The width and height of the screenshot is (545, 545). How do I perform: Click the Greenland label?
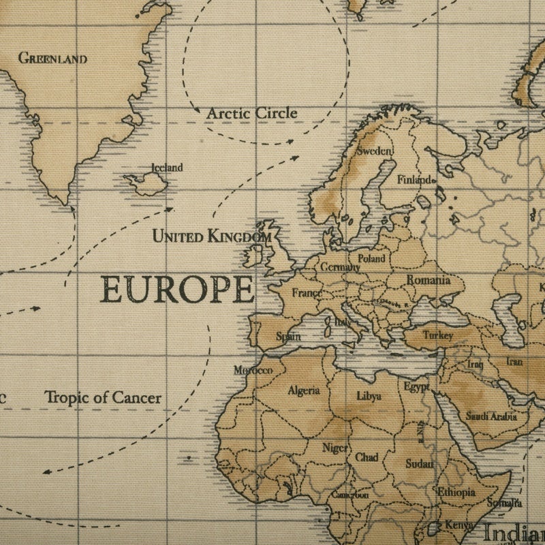click(52, 59)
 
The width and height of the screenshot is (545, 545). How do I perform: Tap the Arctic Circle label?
click(252, 113)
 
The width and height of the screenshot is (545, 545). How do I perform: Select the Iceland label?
click(167, 168)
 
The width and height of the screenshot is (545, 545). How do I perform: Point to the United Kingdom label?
click(211, 236)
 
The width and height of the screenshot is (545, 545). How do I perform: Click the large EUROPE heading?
click(177, 290)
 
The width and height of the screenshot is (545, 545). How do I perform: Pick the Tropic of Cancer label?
click(103, 397)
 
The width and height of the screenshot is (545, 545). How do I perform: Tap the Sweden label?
click(375, 151)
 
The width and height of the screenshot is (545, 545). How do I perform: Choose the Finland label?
click(415, 181)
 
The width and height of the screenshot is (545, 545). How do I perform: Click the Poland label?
click(371, 259)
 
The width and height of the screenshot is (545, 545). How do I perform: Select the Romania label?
click(429, 280)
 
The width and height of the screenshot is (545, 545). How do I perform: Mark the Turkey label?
click(437, 335)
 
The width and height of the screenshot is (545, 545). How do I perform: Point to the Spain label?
click(288, 337)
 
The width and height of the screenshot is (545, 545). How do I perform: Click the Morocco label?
click(253, 371)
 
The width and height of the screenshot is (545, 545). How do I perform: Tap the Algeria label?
click(303, 390)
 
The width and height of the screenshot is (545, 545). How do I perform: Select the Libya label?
click(369, 396)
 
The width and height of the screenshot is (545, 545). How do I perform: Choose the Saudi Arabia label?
click(491, 416)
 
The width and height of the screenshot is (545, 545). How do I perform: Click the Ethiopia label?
click(456, 492)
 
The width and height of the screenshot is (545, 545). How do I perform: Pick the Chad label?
click(367, 458)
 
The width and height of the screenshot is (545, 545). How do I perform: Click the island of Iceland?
click(146, 183)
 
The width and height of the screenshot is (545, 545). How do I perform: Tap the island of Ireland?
click(254, 255)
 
